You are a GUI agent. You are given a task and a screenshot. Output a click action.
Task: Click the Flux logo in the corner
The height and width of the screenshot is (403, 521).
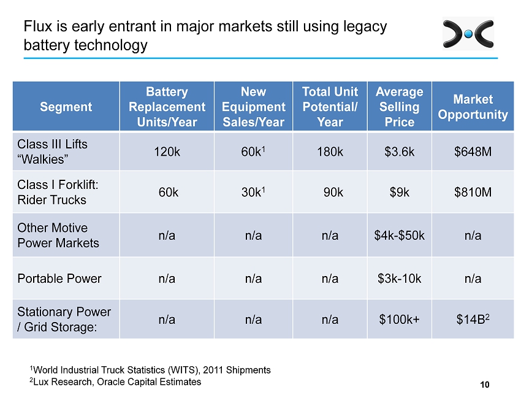tap(468, 34)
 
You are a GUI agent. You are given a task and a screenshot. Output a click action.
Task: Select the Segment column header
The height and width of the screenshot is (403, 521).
tap(66, 107)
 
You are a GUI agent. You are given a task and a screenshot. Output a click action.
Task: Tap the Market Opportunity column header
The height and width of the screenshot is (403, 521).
tap(473, 107)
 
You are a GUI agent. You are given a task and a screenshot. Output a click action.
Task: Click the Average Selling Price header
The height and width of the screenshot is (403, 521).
tap(400, 107)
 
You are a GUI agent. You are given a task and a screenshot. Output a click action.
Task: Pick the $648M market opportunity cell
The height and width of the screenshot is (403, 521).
tap(473, 152)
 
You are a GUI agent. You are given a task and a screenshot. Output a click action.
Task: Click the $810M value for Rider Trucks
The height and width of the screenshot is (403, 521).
tap(473, 192)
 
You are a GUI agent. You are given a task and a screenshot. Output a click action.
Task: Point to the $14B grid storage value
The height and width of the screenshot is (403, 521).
tap(473, 319)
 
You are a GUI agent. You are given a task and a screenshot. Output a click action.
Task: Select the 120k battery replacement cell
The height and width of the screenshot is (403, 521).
tap(167, 152)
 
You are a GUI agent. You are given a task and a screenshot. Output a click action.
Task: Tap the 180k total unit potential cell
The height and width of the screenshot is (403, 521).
tap(330, 152)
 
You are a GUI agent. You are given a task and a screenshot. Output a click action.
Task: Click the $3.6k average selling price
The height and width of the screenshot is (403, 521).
tap(400, 152)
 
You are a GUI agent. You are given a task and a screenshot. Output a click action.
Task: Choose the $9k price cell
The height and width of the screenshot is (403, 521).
tap(400, 192)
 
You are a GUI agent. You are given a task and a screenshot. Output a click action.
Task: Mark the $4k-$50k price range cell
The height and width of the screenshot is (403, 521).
tap(400, 236)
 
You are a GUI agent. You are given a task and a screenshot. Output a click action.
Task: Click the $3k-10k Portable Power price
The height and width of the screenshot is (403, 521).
tap(400, 278)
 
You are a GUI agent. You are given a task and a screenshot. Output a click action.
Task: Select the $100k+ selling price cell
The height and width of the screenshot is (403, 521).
tap(400, 320)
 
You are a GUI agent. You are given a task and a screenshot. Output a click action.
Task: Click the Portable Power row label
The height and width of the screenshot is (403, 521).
tap(59, 278)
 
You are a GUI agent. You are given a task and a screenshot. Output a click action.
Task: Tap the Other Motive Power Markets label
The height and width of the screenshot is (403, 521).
tap(58, 236)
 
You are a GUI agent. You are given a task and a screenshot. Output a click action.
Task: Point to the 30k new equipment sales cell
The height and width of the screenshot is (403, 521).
tap(253, 192)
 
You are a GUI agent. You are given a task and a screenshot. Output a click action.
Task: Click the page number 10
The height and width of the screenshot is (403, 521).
tap(485, 385)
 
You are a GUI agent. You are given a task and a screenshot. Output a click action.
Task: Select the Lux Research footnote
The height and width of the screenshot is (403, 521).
tap(115, 382)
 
